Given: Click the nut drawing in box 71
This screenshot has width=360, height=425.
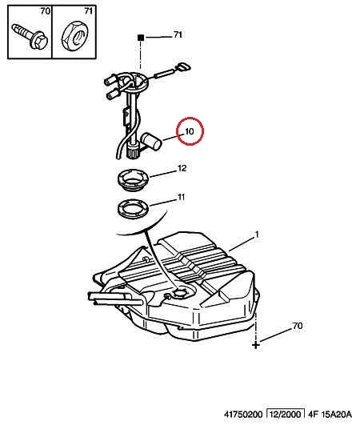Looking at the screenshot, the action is (74, 37).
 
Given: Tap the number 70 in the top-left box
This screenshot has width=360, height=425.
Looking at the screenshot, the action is (46, 11).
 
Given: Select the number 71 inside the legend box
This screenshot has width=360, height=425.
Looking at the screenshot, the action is (89, 11).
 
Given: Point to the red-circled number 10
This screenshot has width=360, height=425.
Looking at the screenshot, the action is (190, 131).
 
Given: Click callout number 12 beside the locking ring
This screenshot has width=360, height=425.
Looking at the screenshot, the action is (182, 168).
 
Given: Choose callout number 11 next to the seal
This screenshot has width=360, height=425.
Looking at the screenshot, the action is (181, 197).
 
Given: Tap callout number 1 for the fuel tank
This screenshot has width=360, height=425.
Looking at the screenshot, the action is (257, 235).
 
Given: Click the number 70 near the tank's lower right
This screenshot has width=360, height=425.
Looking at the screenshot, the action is (298, 326).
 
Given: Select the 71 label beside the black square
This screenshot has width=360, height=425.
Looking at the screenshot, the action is (178, 34).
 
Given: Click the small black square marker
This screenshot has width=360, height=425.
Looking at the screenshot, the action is (140, 38).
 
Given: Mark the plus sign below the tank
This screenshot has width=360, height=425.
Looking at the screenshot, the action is (256, 345).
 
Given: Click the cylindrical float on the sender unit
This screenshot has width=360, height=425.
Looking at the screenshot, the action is (152, 141).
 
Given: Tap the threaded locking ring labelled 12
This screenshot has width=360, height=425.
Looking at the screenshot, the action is (134, 180).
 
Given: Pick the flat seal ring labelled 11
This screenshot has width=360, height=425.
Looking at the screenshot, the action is (134, 209).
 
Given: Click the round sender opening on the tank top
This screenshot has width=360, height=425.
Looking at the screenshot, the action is (179, 293).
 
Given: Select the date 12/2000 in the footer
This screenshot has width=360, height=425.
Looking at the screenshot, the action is (286, 414).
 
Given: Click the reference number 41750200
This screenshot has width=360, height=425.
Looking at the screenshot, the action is (243, 414).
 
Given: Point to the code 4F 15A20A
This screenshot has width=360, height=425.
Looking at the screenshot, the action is (330, 414).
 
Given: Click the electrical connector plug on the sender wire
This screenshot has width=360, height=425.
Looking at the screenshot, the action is (183, 67).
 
